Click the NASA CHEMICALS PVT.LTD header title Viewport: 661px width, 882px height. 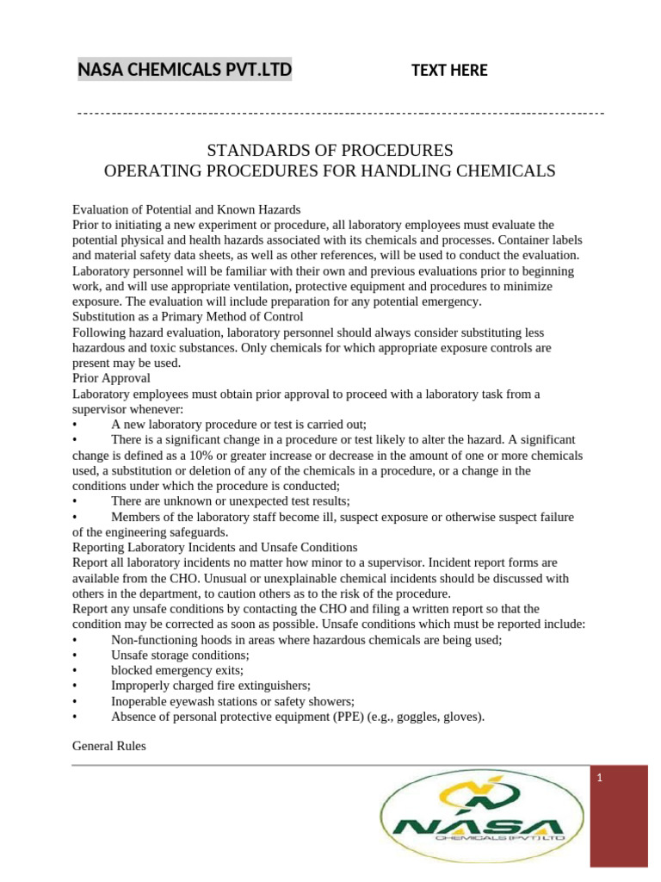pos(184,69)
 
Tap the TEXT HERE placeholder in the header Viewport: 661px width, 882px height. pos(449,71)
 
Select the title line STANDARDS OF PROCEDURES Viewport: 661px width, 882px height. pos(330,150)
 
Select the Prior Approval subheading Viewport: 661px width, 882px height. pos(112,378)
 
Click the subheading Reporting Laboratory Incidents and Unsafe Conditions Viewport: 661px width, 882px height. pos(214,547)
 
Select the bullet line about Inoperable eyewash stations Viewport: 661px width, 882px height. pos(232,700)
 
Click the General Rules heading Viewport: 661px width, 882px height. pos(109,747)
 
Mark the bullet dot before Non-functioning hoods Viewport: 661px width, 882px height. pos(77,640)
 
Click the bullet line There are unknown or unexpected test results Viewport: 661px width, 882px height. pos(230,501)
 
